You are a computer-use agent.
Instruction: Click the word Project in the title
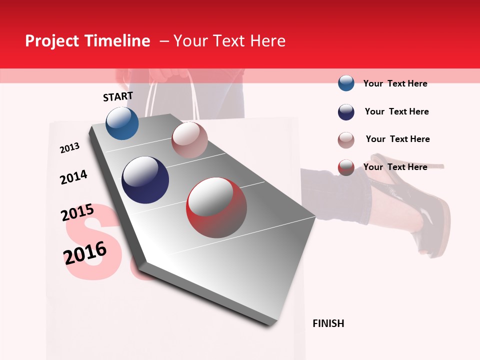[51, 41]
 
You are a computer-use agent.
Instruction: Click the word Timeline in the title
[119, 41]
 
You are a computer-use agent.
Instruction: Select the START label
[118, 96]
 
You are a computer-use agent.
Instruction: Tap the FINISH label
[328, 323]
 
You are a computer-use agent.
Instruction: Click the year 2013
[69, 148]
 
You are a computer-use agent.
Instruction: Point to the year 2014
[73, 177]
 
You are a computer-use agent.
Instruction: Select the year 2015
[77, 212]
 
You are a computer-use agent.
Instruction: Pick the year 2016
[85, 253]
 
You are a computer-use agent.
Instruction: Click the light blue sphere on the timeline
[122, 123]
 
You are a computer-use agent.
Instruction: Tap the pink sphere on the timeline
[189, 139]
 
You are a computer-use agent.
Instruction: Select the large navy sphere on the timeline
[145, 180]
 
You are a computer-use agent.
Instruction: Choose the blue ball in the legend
[346, 83]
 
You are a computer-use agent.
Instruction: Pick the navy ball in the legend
[346, 112]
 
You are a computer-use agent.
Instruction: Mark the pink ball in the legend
[346, 139]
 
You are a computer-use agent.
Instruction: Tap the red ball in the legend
[346, 167]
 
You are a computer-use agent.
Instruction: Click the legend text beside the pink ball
[397, 139]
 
